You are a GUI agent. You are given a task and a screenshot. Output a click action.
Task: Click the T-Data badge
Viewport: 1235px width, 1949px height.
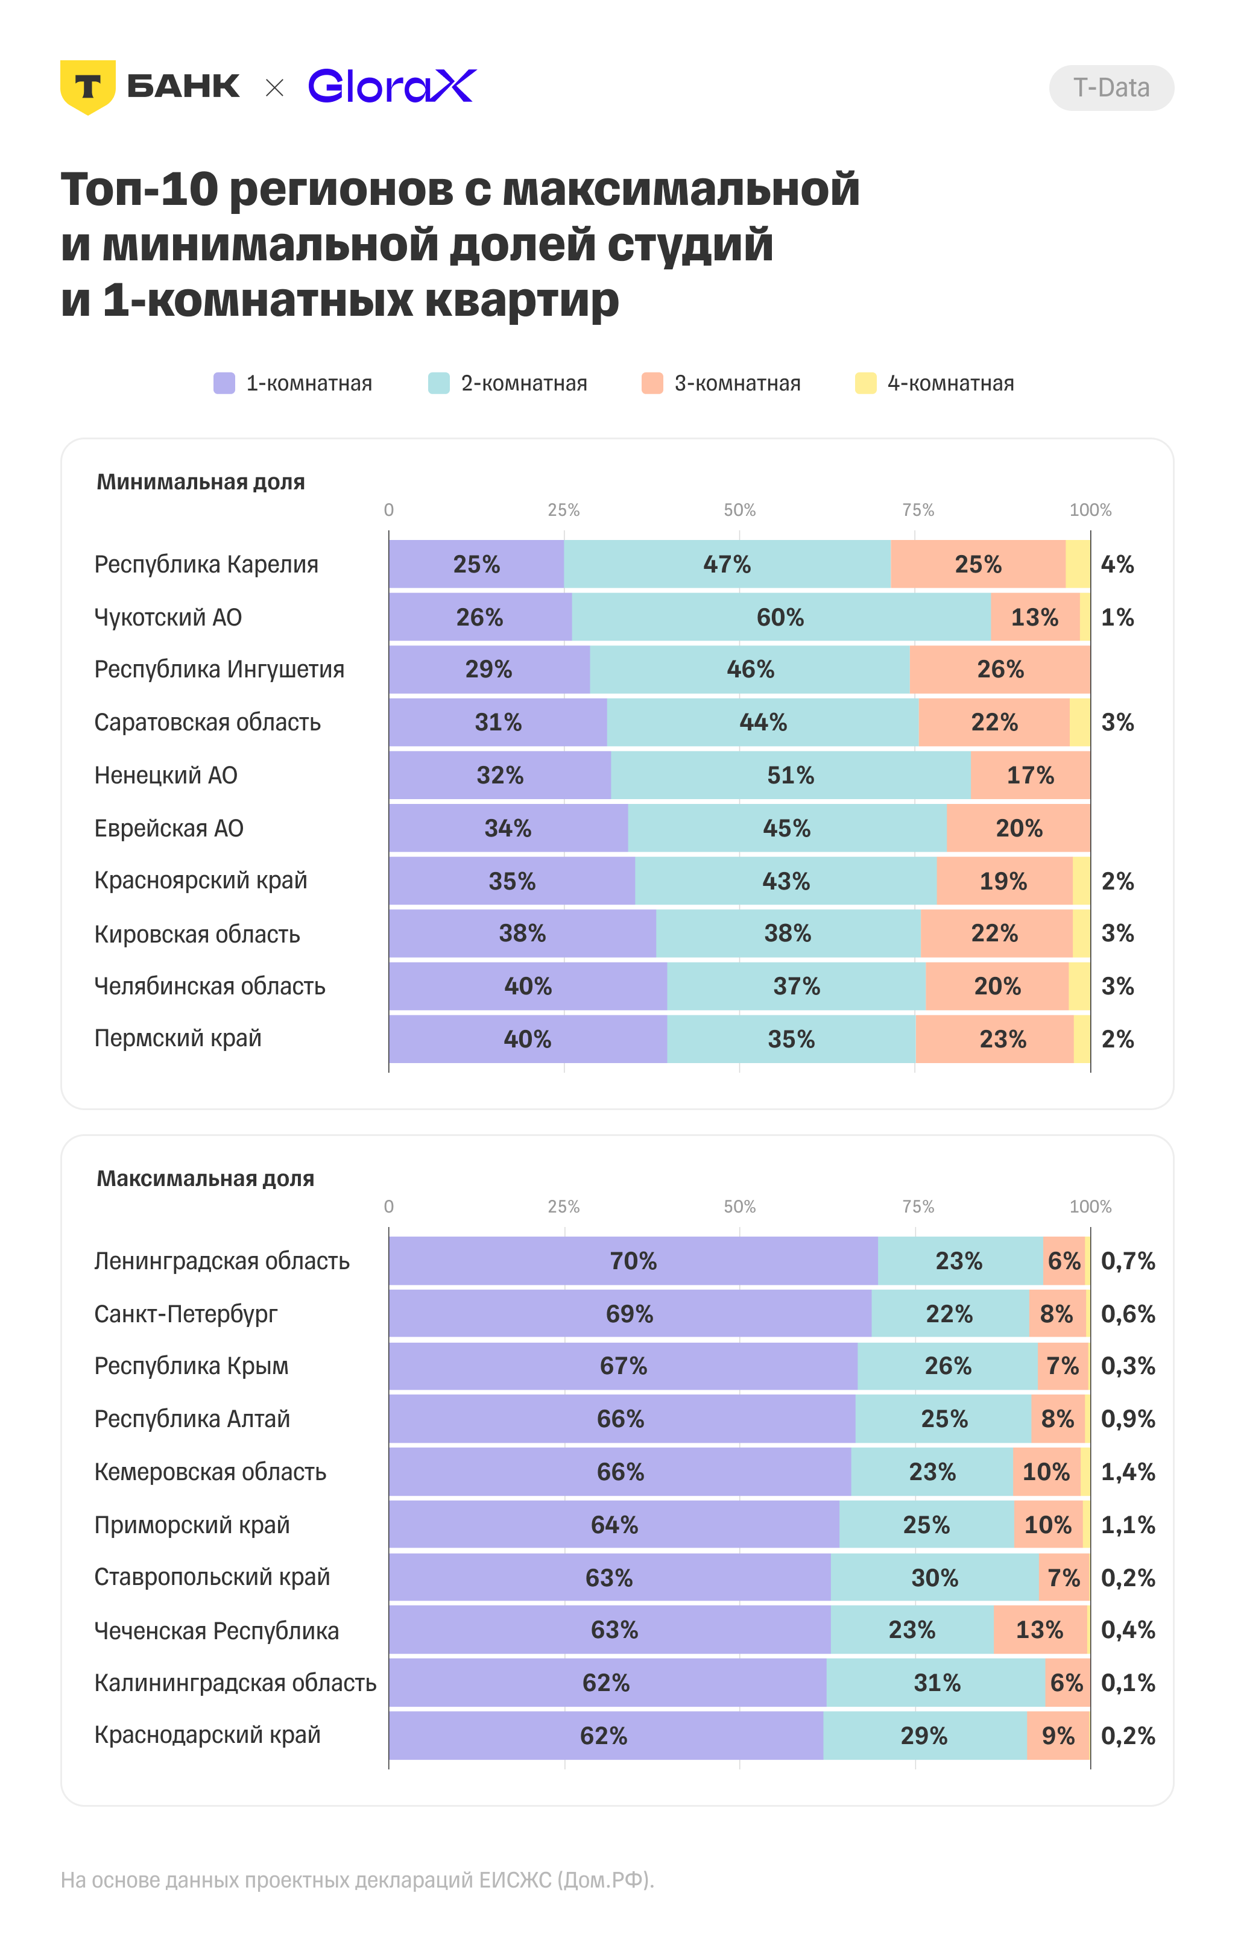(x=1111, y=87)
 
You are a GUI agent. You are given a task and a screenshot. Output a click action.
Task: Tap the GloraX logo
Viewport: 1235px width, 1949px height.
(x=392, y=86)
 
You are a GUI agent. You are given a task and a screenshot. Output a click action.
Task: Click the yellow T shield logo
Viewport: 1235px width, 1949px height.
(x=87, y=86)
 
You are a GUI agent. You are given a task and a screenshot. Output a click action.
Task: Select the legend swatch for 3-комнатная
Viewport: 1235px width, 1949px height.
(x=652, y=383)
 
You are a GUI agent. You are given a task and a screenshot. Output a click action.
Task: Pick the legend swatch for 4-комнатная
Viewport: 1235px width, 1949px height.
(x=866, y=383)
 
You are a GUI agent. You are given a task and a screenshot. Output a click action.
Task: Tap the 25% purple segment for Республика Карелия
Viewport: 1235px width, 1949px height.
(x=476, y=564)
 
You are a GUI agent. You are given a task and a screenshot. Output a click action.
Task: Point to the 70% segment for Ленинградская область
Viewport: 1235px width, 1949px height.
(x=633, y=1261)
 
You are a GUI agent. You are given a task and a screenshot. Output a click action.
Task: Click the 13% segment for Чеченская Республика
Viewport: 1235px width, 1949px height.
(x=1040, y=1630)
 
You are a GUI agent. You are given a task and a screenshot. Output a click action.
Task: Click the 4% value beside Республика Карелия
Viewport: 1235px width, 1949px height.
(x=1117, y=564)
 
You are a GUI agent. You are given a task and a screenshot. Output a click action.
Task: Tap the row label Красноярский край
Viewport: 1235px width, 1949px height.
(x=201, y=880)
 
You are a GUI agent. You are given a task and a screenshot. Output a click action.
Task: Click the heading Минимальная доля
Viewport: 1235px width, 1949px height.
(x=201, y=482)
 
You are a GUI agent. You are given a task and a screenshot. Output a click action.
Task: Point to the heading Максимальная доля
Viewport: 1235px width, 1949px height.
(x=205, y=1178)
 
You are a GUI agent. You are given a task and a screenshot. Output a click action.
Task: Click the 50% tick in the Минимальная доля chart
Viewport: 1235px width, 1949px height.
(x=739, y=510)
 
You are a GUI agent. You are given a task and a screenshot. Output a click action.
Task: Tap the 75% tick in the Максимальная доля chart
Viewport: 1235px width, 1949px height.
(x=918, y=1207)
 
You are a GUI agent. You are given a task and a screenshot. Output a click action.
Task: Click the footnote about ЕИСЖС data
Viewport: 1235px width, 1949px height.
(x=357, y=1879)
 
